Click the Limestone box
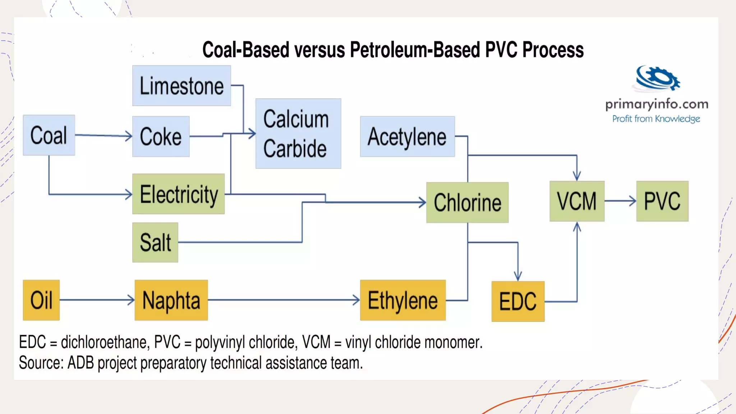click(181, 86)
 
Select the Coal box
click(49, 135)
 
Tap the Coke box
click(161, 137)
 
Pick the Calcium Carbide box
click(298, 134)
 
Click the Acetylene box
click(407, 137)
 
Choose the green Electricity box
click(178, 194)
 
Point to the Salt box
click(155, 242)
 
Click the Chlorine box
click(467, 202)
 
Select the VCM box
click(577, 201)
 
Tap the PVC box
click(662, 201)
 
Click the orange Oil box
click(41, 300)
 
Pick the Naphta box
click(171, 300)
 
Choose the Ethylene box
click(402, 300)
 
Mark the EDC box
click(517, 301)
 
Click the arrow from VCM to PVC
click(620, 201)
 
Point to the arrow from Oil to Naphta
click(97, 300)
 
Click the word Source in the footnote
click(41, 363)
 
